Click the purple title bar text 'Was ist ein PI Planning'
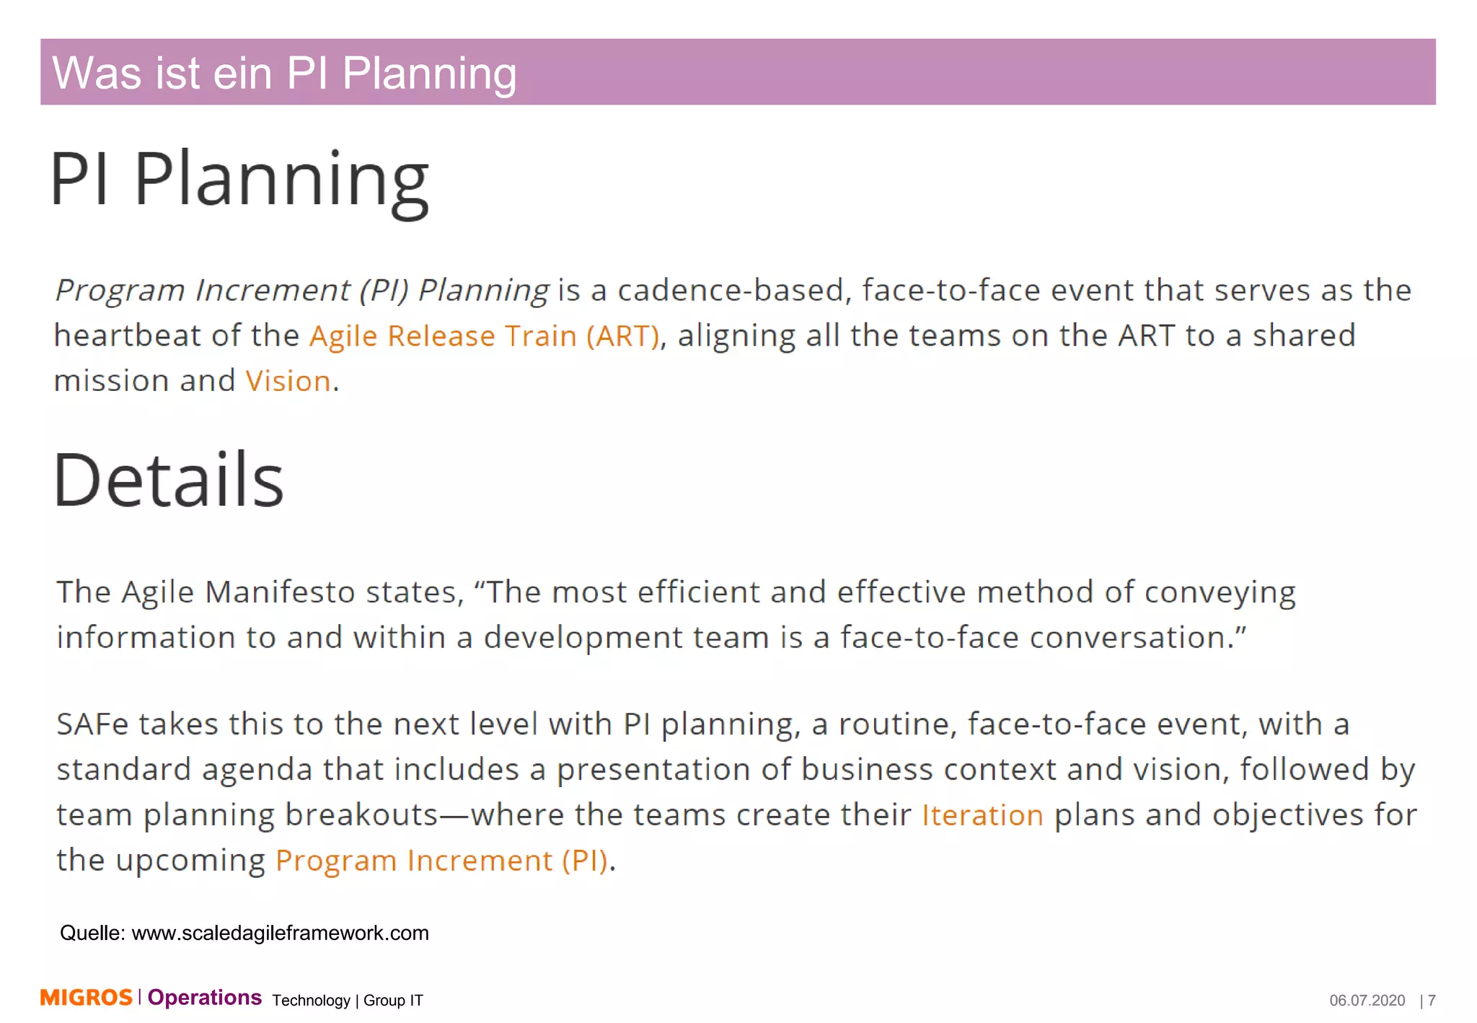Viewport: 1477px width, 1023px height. pos(284,73)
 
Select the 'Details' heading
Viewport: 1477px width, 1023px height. pos(169,480)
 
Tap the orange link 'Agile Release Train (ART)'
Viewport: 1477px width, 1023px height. pos(484,335)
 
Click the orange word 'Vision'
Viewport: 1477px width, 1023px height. pos(288,381)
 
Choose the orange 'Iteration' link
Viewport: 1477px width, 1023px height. pos(982,815)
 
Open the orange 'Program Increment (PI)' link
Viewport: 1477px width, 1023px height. pos(441,861)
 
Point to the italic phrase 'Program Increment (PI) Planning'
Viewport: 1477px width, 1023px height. pos(302,290)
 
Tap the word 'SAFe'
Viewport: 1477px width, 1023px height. pos(92,724)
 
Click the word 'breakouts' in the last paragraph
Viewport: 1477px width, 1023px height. pos(361,815)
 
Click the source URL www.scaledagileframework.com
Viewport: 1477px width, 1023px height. pos(280,933)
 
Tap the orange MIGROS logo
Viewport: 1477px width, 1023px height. pos(86,998)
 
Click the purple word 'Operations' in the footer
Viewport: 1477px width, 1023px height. pos(204,998)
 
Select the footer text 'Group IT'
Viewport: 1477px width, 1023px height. pos(393,1001)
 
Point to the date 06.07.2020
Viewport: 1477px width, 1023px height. pos(1367,1001)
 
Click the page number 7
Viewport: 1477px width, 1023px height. pos(1432,1001)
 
